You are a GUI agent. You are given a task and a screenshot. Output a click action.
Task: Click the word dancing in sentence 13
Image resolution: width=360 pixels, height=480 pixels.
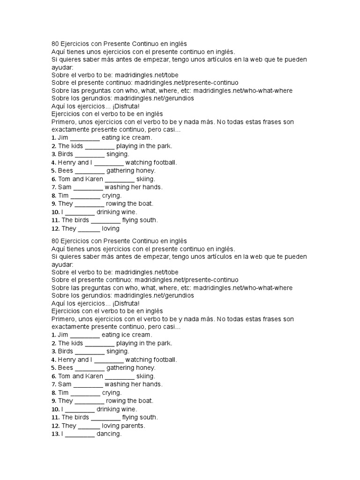pos(109,434)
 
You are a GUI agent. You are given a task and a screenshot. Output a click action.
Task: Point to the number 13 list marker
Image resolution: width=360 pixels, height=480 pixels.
pos(55,434)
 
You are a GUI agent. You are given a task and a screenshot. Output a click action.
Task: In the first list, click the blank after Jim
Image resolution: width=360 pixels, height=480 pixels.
pos(85,138)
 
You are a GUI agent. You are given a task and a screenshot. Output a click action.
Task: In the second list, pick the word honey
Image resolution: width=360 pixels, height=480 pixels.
pos(146,368)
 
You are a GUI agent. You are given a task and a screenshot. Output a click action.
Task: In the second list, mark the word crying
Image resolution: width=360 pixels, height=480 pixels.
pos(112,393)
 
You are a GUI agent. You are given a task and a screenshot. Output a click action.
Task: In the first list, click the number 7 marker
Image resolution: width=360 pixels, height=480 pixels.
pos(54,187)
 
